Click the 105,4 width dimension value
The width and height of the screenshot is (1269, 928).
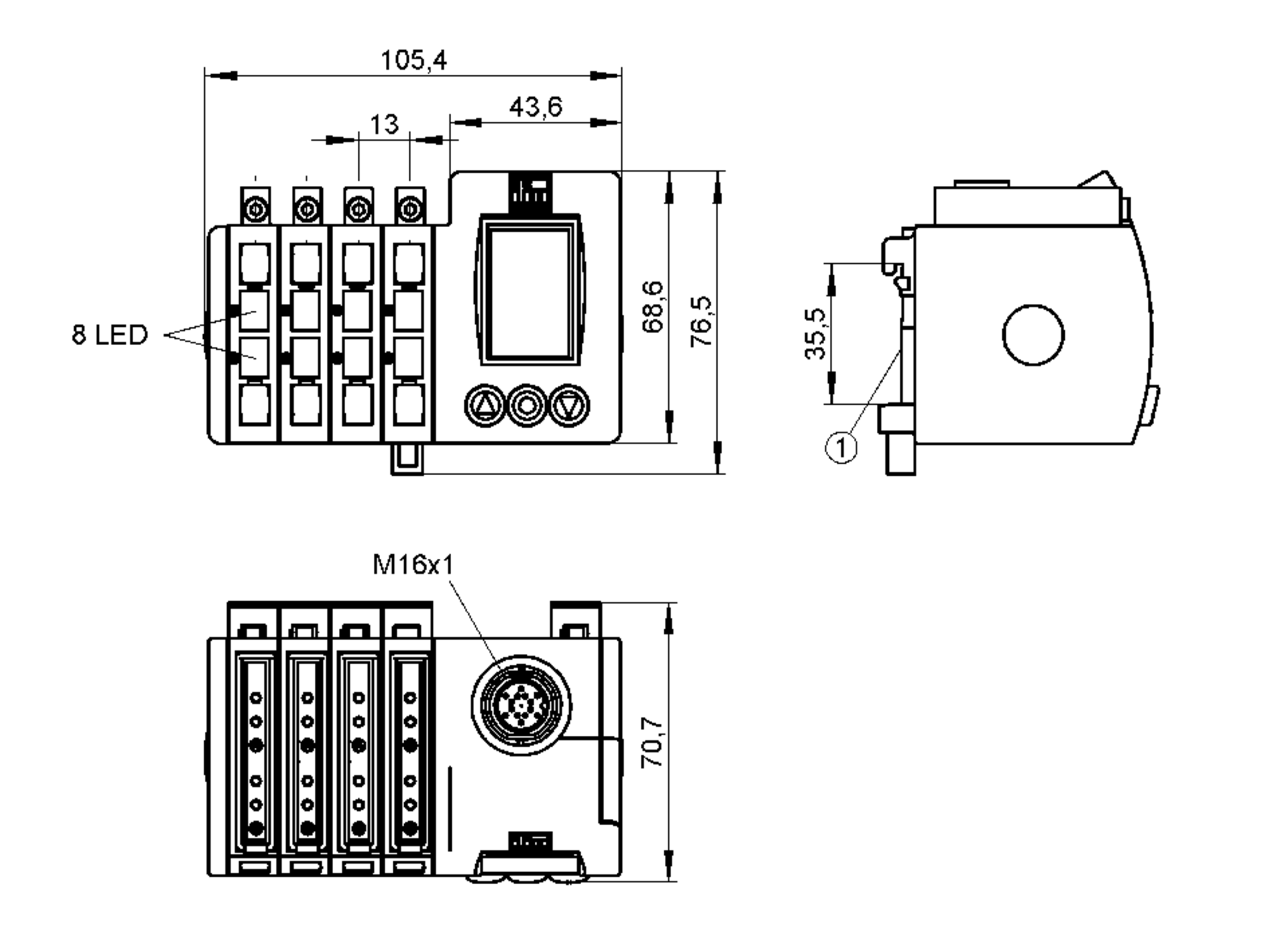413,60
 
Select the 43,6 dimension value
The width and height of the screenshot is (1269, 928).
536,107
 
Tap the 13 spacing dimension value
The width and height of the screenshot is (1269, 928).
384,124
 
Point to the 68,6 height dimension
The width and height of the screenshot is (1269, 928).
653,306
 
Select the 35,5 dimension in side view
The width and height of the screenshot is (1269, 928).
815,334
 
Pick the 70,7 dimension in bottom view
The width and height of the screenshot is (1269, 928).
653,742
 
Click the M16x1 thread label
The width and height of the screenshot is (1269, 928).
413,565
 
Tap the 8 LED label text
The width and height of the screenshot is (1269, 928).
110,335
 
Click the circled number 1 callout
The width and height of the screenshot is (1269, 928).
841,448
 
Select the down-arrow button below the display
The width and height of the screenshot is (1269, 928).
569,405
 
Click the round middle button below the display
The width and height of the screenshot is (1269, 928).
527,405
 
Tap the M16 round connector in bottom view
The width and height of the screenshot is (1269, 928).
521,705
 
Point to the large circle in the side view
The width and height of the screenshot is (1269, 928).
1033,334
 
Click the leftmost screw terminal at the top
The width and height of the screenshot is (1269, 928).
255,208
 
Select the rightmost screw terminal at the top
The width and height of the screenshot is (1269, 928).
410,208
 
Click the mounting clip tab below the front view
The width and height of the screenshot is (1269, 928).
407,458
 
